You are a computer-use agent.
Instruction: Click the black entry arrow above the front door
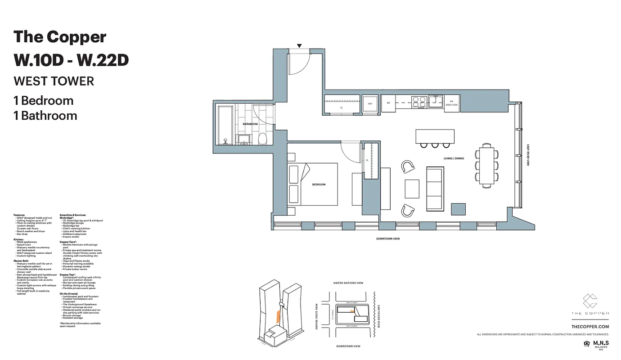click(x=299, y=46)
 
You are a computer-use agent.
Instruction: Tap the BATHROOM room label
click(x=250, y=124)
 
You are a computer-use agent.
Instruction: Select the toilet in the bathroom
click(x=263, y=139)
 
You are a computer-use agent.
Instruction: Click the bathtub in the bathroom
click(x=225, y=124)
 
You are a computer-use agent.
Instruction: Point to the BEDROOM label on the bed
click(x=319, y=184)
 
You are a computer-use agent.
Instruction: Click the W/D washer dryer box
click(x=370, y=103)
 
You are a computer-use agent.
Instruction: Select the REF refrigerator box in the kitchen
click(x=388, y=103)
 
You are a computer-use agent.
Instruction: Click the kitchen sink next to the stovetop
click(x=435, y=101)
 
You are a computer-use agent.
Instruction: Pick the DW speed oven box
click(x=451, y=103)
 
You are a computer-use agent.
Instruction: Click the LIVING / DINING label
click(x=454, y=158)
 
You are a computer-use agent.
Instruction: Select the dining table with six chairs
click(x=486, y=166)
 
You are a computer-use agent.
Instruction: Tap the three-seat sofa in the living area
click(x=435, y=189)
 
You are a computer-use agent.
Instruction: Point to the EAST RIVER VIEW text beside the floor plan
click(x=528, y=155)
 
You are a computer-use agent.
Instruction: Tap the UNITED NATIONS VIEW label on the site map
click(x=348, y=283)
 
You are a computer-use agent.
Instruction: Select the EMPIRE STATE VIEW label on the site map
click(x=317, y=316)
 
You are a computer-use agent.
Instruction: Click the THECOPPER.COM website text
click(x=589, y=327)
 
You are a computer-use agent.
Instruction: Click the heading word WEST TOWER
click(x=54, y=81)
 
